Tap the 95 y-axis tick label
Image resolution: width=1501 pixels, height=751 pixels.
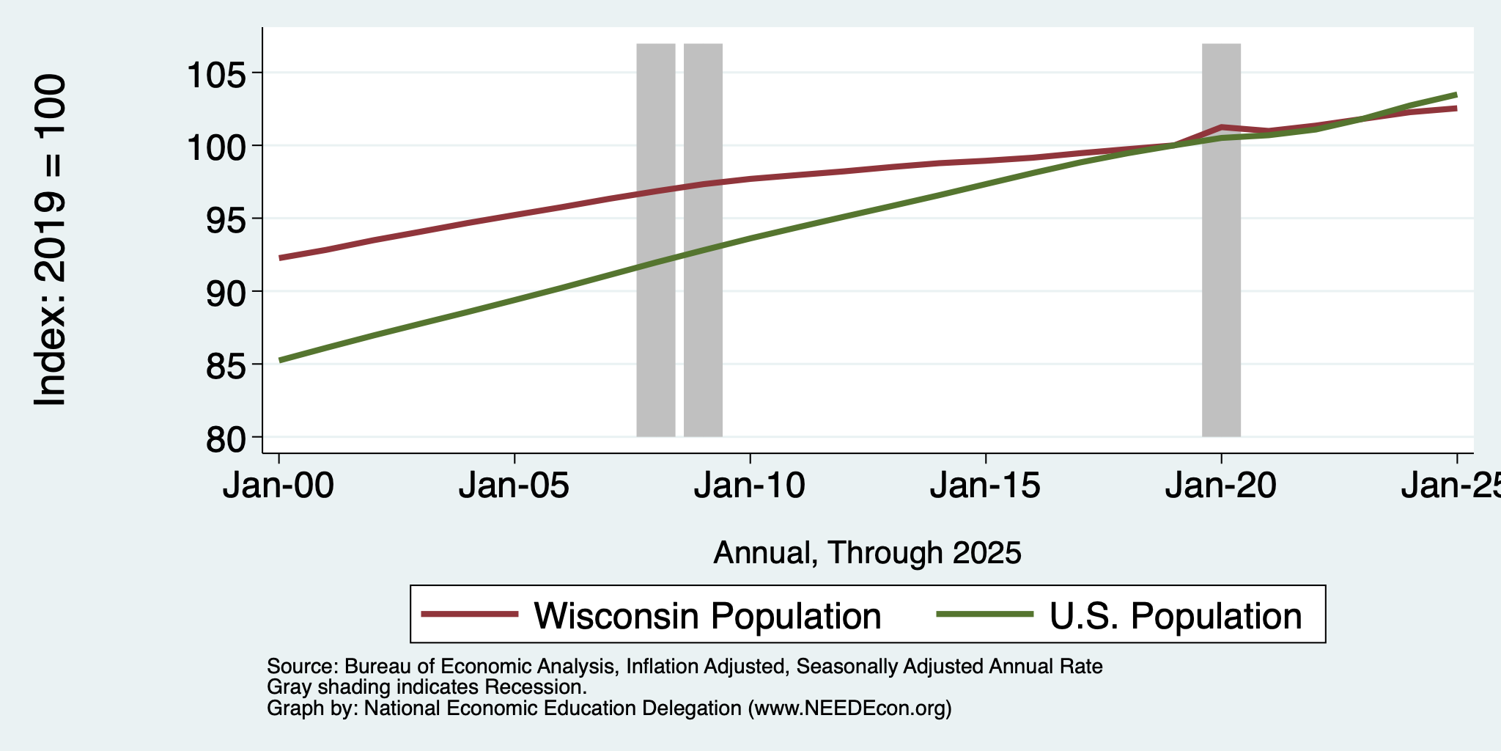[228, 219]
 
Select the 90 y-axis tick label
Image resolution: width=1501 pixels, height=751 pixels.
[228, 292]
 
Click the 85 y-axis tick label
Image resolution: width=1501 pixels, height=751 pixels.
[228, 364]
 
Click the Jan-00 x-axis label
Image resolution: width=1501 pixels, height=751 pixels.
[279, 486]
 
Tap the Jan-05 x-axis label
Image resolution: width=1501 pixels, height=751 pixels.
[515, 486]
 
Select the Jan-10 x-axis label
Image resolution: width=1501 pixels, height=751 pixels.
[750, 486]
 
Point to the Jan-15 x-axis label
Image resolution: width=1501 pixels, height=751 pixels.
[986, 486]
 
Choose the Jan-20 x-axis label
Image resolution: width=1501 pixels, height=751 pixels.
[1221, 486]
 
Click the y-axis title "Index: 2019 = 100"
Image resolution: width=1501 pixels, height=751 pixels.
[51, 240]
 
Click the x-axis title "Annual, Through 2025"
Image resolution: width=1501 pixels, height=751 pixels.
[867, 552]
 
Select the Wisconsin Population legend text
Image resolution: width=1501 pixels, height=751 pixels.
[707, 615]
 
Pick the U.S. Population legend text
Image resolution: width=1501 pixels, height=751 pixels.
[1176, 615]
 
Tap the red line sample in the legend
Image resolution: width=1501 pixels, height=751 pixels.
[471, 615]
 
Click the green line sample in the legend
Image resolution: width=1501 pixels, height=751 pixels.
[986, 615]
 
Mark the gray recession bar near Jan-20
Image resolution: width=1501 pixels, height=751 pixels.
[1221, 240]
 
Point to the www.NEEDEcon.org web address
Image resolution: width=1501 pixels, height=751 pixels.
[849, 708]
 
